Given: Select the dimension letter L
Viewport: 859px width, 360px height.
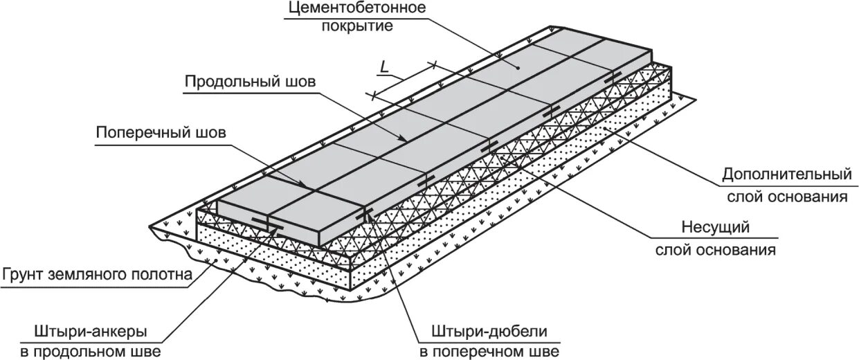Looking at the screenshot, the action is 383,67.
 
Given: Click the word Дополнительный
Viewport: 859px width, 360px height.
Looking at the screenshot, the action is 786,172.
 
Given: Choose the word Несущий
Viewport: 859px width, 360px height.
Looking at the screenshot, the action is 716,226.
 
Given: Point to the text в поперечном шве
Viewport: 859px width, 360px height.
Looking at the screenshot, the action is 489,352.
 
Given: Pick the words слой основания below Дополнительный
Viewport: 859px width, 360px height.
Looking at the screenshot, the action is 787,196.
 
